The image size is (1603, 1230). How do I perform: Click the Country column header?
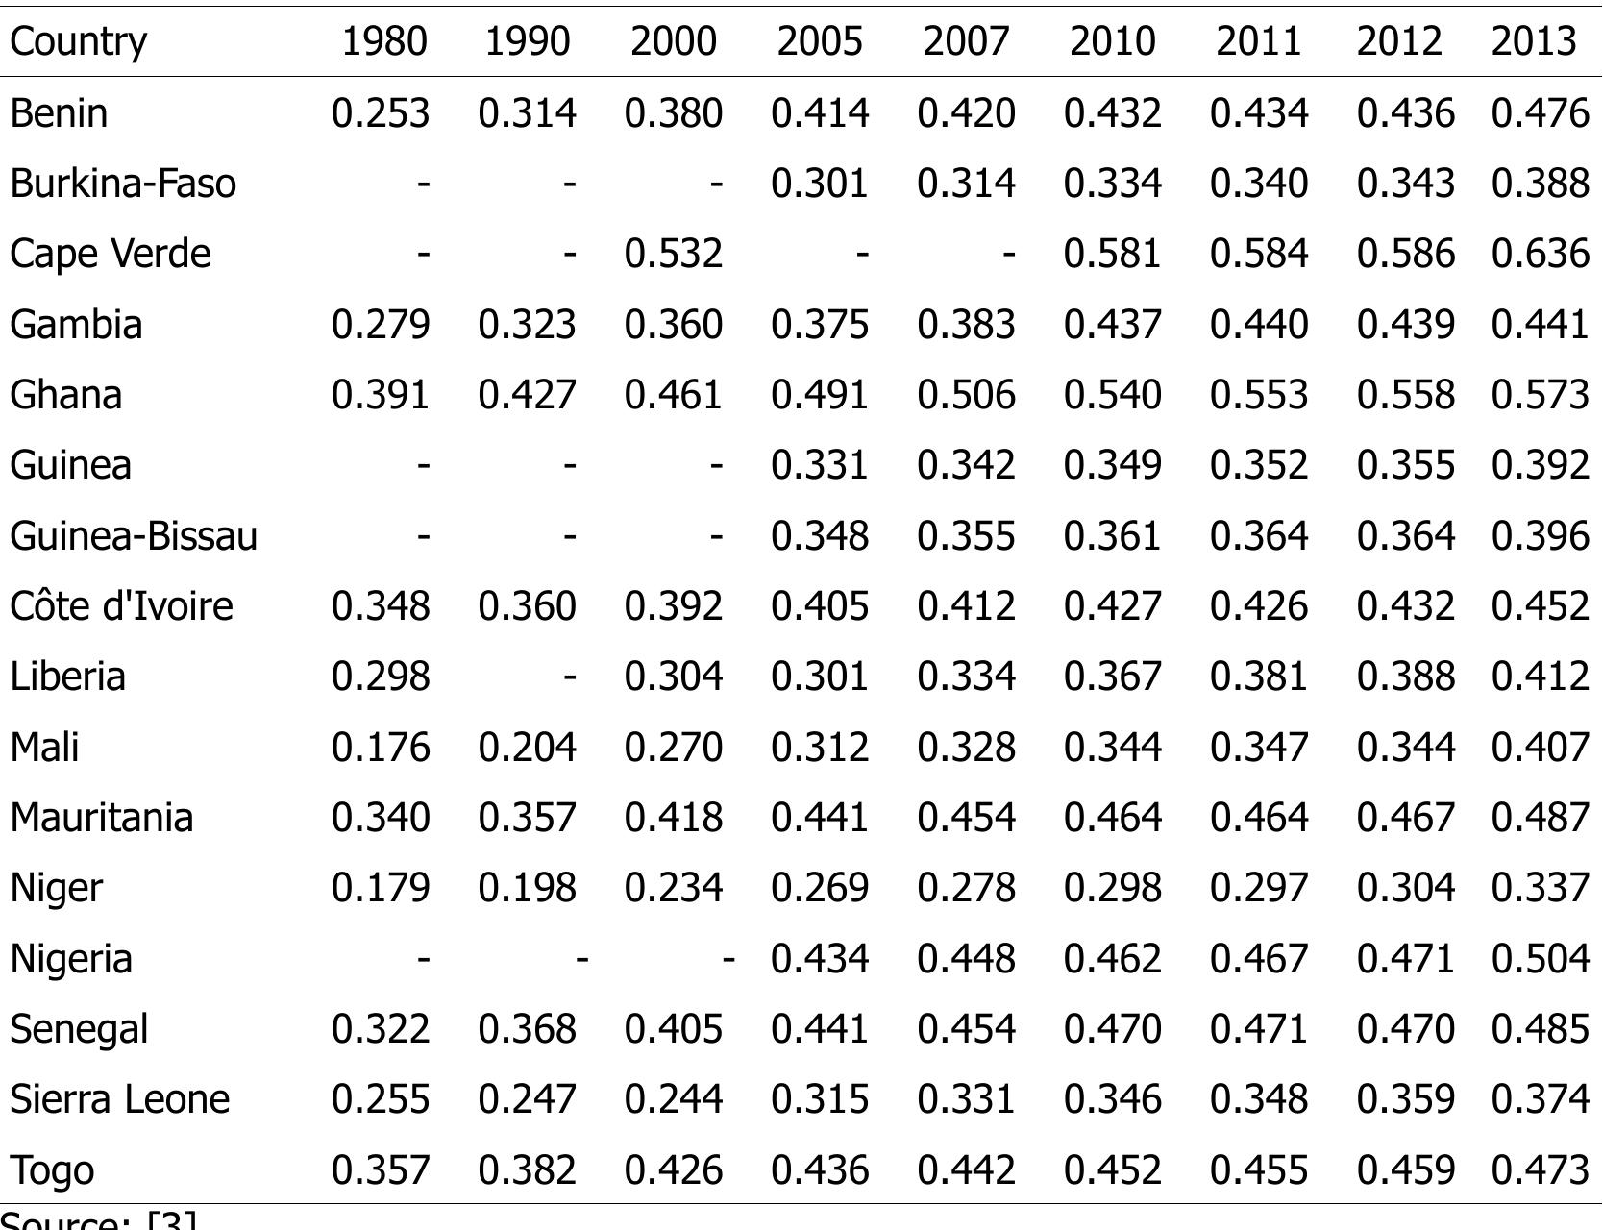[x=78, y=41]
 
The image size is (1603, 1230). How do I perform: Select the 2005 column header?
[x=820, y=41]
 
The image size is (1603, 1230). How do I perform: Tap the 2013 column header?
[x=1534, y=41]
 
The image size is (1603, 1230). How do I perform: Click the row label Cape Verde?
[x=110, y=254]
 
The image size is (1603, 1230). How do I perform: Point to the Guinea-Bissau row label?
[x=134, y=535]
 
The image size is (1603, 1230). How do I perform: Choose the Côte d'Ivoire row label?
[x=121, y=606]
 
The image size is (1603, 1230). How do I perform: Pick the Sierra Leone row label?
[x=119, y=1099]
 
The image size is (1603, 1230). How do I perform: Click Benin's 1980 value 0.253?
[x=380, y=113]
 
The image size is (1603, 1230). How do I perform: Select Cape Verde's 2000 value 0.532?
[x=673, y=254]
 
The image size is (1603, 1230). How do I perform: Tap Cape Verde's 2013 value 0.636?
[x=1540, y=254]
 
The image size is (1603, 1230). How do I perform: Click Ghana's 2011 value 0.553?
[x=1258, y=395]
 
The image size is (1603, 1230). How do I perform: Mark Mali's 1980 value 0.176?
[x=380, y=747]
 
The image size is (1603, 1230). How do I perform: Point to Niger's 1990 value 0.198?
[x=527, y=888]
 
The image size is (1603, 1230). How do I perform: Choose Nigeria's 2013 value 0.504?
[x=1540, y=959]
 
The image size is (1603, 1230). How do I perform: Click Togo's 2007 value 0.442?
[x=966, y=1169]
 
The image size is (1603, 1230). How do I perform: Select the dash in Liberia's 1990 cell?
[x=569, y=676]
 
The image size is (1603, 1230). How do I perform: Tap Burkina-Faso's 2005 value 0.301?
[x=820, y=184]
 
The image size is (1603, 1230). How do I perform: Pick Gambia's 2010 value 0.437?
[x=1112, y=325]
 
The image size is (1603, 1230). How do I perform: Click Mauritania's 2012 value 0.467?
[x=1405, y=818]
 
